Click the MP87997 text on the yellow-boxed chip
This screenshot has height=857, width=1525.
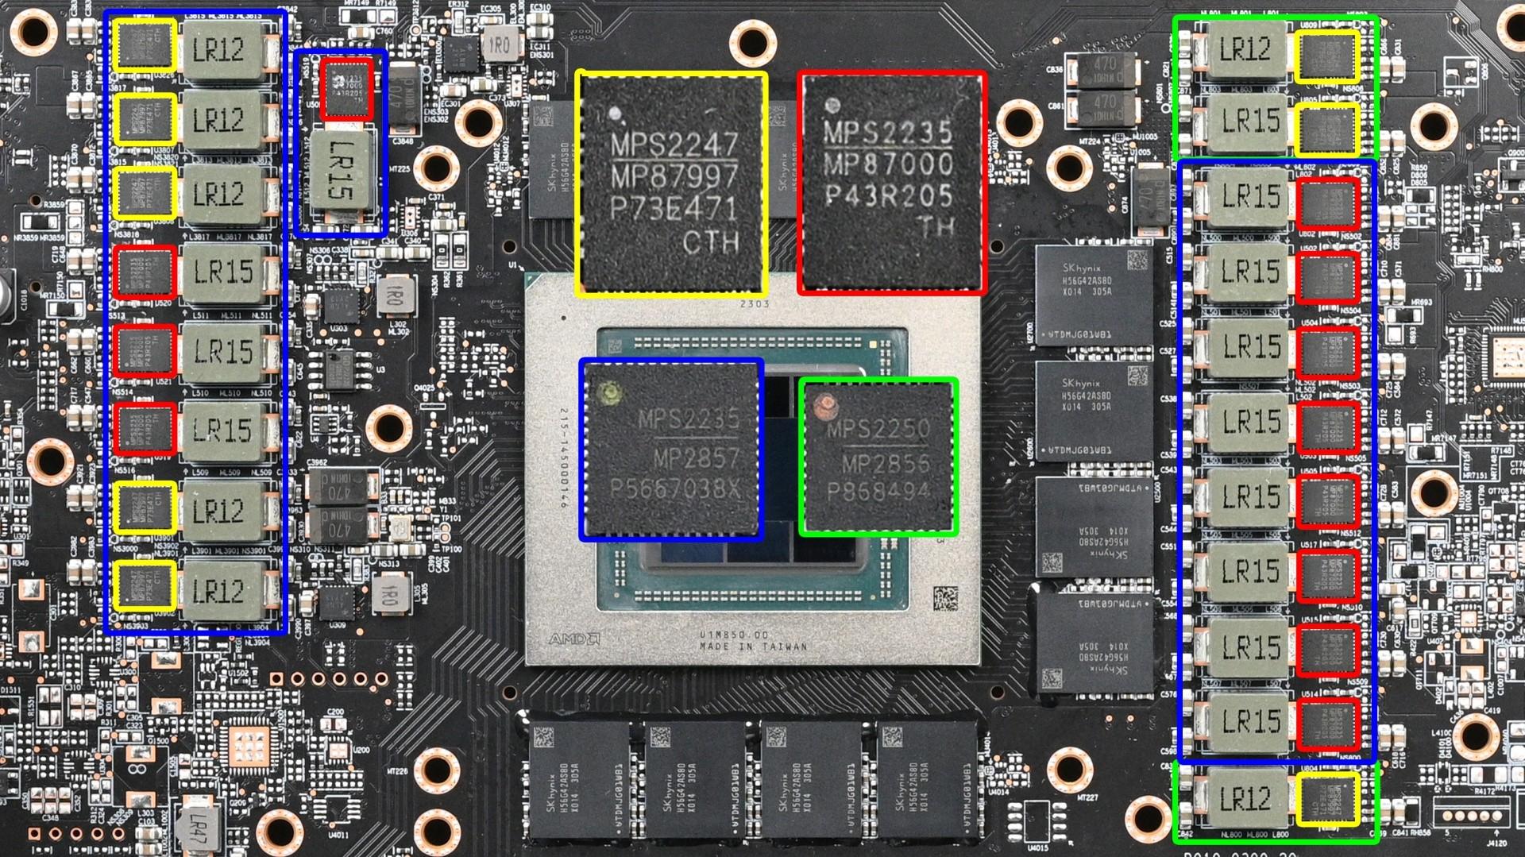click(x=674, y=176)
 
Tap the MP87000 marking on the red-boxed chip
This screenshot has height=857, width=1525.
click(x=887, y=164)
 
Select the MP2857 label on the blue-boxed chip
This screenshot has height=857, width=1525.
click(x=697, y=457)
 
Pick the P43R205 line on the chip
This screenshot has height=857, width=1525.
click(x=887, y=195)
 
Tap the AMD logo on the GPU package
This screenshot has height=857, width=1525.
click(x=573, y=639)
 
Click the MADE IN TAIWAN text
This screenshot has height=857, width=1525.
click(x=753, y=647)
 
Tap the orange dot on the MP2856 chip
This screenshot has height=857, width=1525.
click(x=825, y=404)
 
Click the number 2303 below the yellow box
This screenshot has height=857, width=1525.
click(x=754, y=304)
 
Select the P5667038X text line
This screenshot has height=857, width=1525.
click(x=674, y=489)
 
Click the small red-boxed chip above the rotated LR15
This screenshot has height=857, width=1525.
click(x=347, y=89)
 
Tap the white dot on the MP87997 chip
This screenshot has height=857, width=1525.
click(x=614, y=114)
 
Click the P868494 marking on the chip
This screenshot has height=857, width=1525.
click(x=878, y=492)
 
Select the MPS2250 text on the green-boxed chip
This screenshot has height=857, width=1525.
click(x=878, y=430)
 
